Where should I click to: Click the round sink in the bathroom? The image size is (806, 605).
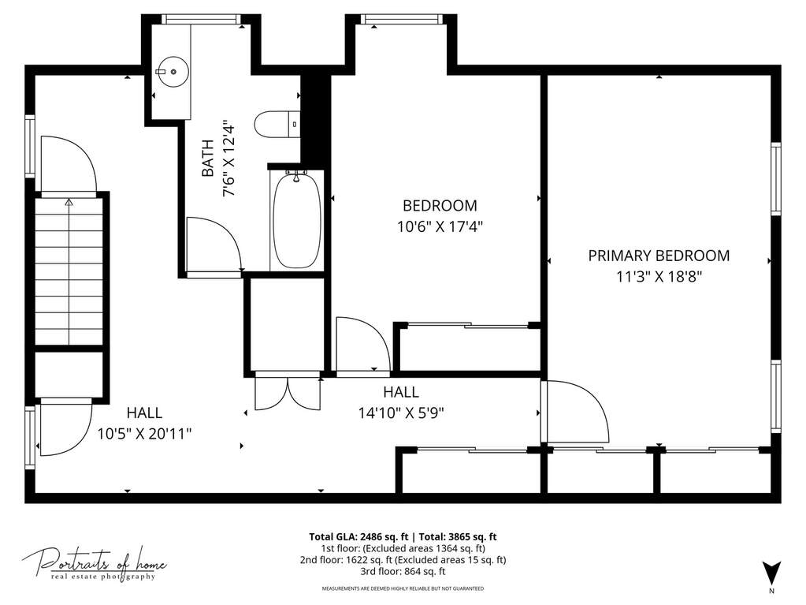click(x=173, y=72)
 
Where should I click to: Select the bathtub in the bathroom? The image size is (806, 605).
click(x=296, y=221)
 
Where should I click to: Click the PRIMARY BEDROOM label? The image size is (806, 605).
click(x=659, y=256)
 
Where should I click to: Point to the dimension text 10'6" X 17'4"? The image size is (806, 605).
click(x=440, y=226)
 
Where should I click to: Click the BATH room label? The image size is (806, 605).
click(x=208, y=158)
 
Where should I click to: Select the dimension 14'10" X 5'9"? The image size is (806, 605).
click(x=401, y=413)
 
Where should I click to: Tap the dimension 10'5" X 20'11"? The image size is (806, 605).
click(x=144, y=434)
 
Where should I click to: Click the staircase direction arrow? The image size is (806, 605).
click(x=69, y=267)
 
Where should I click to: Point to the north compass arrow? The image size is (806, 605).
click(x=771, y=572)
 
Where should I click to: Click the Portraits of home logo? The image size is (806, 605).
click(x=94, y=564)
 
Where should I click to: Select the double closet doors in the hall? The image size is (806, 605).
click(x=288, y=392)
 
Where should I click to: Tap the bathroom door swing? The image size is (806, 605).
click(x=214, y=243)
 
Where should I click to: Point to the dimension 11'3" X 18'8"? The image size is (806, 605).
click(x=659, y=278)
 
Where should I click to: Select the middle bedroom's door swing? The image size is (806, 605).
click(x=363, y=344)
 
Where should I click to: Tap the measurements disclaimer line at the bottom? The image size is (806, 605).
click(x=403, y=588)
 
